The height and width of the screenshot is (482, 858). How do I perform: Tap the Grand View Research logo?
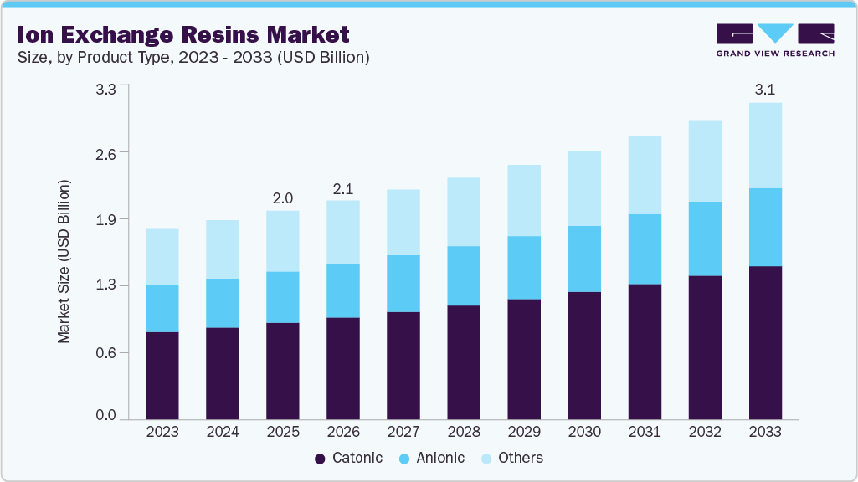774,40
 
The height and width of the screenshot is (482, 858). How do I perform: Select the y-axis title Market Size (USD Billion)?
64,262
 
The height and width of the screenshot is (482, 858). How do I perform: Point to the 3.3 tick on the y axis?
105,86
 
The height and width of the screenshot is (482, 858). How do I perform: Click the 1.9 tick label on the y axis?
105,219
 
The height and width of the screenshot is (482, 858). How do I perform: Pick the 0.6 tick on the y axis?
105,352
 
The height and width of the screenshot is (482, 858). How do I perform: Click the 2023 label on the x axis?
162,432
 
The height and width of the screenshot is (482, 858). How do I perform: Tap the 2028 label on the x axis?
463,432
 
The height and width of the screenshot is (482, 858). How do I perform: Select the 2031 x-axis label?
645,432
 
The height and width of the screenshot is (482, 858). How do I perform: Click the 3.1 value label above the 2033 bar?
764,90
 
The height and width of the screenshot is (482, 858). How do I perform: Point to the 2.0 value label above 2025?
282,197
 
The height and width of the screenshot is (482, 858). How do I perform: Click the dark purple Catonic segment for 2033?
765,342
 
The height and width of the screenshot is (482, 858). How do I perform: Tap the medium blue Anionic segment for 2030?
584,259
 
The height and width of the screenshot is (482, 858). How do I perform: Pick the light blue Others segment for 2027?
403,222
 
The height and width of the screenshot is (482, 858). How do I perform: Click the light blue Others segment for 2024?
222,249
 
